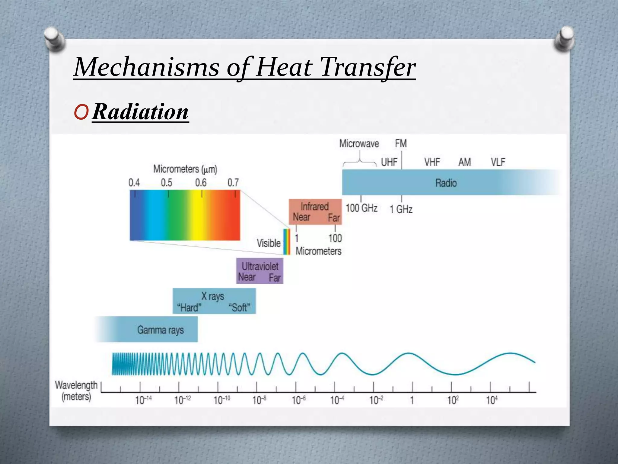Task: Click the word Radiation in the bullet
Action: click(x=140, y=112)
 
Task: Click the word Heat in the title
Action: click(x=284, y=67)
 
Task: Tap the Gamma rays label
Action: click(x=160, y=330)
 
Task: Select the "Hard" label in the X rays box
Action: click(x=189, y=308)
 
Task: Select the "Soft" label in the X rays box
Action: click(x=239, y=308)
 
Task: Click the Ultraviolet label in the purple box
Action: click(x=260, y=266)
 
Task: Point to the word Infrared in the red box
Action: click(x=314, y=207)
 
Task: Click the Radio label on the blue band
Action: click(x=446, y=183)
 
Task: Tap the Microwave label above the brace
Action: click(x=359, y=143)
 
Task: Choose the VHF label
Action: click(x=432, y=162)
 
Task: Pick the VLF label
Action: click(x=498, y=162)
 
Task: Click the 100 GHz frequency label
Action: click(x=361, y=208)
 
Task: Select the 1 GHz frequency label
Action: click(x=401, y=209)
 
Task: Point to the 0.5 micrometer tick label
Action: click(x=166, y=183)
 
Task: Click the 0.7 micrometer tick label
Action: click(x=233, y=183)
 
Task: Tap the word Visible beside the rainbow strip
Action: click(x=269, y=243)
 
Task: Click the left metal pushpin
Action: click(x=55, y=39)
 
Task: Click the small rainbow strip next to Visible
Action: click(x=286, y=242)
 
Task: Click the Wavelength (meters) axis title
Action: click(x=76, y=391)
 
